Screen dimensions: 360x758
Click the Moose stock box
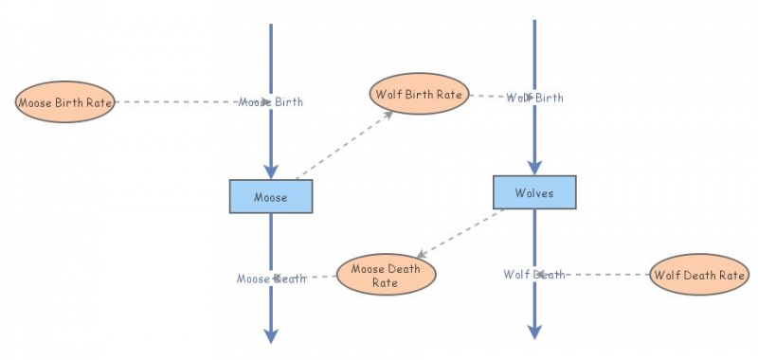click(271, 196)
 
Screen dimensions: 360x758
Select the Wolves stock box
click(534, 192)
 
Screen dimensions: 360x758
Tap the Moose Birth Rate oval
click(65, 102)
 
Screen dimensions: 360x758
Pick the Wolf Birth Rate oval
click(419, 95)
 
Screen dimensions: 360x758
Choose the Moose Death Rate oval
click(386, 275)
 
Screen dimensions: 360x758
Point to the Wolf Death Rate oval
click(699, 276)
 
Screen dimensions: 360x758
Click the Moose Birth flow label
click(271, 101)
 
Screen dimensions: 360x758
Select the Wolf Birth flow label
click(534, 98)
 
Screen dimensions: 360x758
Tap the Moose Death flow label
click(271, 279)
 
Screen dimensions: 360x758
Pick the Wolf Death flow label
click(534, 275)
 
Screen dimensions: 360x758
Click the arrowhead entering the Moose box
click(271, 171)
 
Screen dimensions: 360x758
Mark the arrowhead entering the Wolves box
click(534, 167)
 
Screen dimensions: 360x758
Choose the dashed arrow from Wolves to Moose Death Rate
click(462, 233)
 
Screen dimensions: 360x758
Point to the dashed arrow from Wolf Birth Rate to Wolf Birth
click(488, 96)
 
